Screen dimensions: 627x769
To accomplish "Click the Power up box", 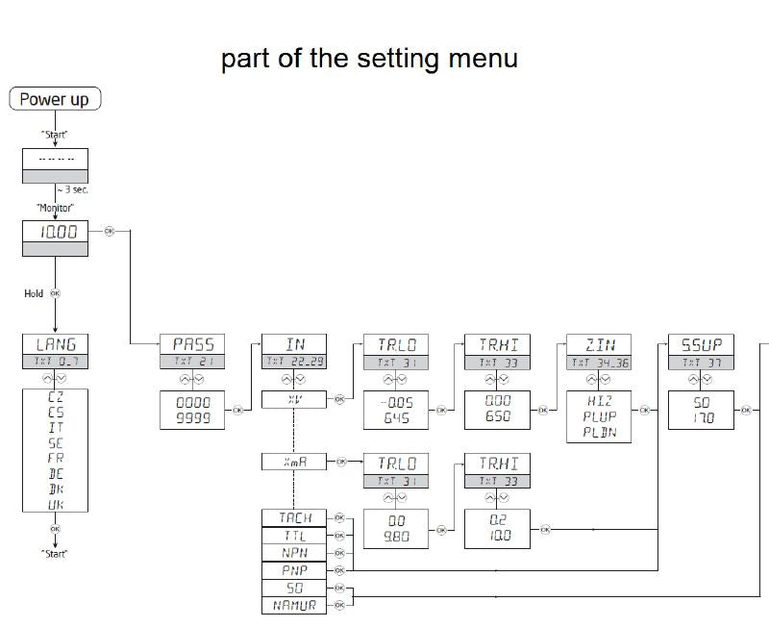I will pos(55,99).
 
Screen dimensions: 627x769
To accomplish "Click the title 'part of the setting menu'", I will pos(369,59).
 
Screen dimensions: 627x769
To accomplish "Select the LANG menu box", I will pos(55,344).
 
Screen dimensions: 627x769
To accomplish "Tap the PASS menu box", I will pos(193,344).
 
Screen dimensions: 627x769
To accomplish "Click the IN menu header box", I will pos(294,344).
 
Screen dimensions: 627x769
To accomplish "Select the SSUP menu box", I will pos(701,344).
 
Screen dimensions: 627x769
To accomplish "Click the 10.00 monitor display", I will pos(55,231).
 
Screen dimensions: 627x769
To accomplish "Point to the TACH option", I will pos(294,517).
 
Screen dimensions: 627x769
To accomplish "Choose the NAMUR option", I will pos(294,605).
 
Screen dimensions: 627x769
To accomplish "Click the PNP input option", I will pos(294,569).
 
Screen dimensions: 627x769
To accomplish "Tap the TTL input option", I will pos(294,535).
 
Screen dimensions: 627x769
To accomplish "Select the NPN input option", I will pos(294,552).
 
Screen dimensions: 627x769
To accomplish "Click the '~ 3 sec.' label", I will pos(72,190).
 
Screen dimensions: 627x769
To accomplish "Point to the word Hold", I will pos(34,293).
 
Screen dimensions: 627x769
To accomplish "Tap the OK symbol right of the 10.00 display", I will pos(108,232).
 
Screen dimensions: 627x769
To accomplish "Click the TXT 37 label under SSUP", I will pos(701,363).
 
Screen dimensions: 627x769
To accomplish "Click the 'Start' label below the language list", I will pos(55,554).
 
